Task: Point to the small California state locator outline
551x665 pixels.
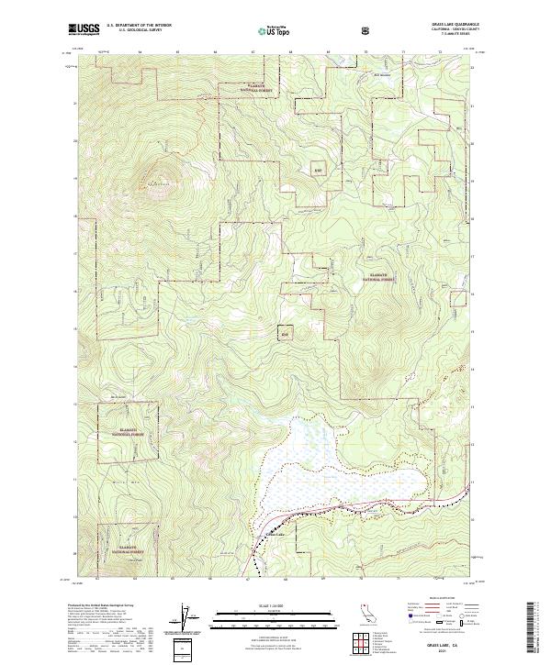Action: (x=366, y=613)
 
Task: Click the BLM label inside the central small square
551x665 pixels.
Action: (x=286, y=332)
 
